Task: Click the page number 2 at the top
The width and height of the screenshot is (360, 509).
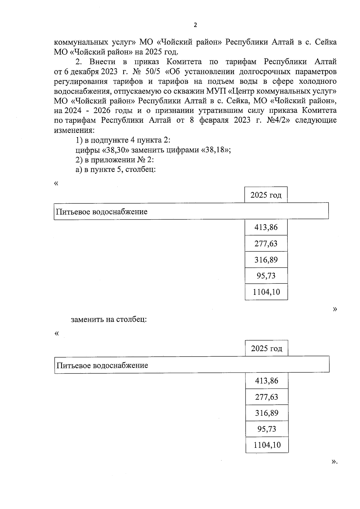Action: click(195, 25)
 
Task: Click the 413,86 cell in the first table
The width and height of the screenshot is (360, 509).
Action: click(266, 227)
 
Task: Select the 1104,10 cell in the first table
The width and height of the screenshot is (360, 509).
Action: click(266, 292)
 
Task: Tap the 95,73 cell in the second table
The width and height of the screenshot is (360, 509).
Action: click(267, 429)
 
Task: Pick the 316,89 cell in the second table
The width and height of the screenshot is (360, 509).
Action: click(267, 413)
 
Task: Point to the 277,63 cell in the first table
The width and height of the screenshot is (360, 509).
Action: click(266, 244)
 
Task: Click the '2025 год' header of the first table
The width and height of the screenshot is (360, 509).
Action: click(266, 195)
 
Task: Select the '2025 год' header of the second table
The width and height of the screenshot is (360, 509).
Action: click(267, 349)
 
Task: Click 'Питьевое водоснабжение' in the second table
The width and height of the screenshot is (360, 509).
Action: click(102, 365)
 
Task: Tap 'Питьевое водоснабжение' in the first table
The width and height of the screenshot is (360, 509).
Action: click(102, 212)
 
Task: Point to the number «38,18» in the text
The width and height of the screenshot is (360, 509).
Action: click(214, 150)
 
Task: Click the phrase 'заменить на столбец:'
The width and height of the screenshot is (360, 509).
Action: click(109, 319)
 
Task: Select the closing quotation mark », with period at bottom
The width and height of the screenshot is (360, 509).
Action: click(334, 470)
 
